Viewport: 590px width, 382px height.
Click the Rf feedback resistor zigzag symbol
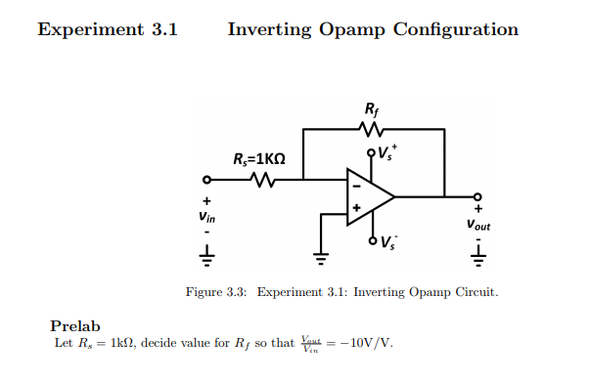[x=373, y=130]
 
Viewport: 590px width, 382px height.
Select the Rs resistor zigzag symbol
[x=261, y=180]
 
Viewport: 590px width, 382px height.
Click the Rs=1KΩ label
[x=258, y=158]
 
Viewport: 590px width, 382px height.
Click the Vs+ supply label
[x=387, y=150]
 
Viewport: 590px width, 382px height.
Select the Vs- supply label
[x=387, y=241]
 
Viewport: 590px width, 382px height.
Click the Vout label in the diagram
[x=478, y=223]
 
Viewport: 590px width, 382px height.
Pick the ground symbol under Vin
[x=206, y=257]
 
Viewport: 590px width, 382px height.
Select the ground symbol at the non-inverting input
[x=320, y=258]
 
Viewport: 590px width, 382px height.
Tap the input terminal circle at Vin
[x=206, y=180]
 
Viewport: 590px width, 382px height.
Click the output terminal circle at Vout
[x=477, y=196]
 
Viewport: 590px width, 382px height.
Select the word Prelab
[x=75, y=325]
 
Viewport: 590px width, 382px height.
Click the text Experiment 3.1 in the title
[x=108, y=29]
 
